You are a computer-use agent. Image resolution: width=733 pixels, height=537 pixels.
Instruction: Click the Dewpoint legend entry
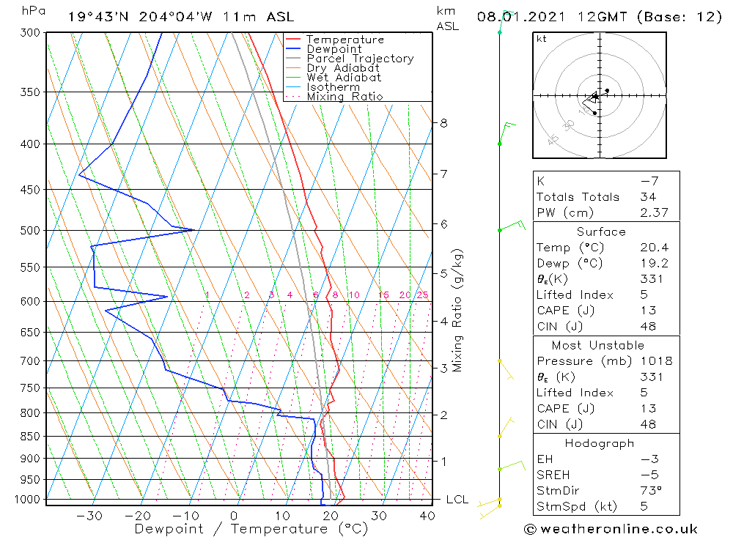tap(334, 49)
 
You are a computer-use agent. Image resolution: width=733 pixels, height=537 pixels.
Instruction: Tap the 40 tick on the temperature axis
tap(427, 516)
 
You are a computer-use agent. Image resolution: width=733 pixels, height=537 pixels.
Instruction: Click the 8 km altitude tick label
tap(443, 123)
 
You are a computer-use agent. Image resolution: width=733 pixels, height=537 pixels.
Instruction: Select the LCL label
tap(457, 500)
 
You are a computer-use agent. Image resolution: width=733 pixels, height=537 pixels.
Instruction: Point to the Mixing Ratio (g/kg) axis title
tap(458, 310)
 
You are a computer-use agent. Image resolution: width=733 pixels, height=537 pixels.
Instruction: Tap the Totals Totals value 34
tap(648, 197)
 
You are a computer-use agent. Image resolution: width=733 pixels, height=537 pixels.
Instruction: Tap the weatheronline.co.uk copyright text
tap(611, 529)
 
